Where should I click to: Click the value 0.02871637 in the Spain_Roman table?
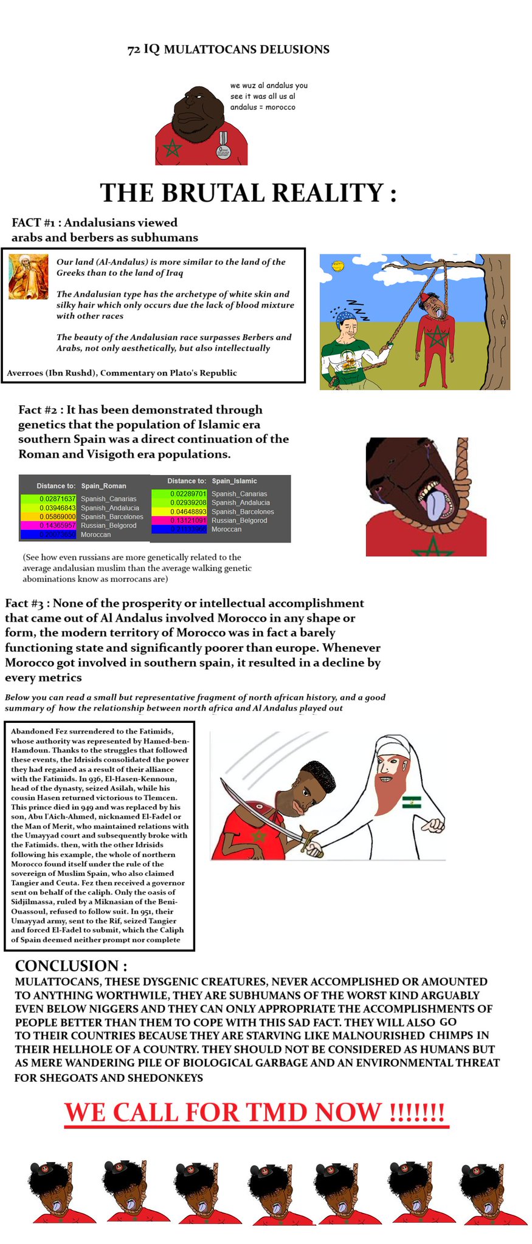[57, 499]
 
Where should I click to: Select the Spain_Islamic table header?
[234, 481]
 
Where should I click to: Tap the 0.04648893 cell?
[188, 511]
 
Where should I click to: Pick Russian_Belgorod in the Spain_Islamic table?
[239, 521]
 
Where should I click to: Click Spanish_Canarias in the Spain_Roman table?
[108, 499]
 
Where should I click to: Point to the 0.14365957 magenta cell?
[57, 525]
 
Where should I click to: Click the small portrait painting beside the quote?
[28, 276]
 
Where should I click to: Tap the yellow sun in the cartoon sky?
[337, 265]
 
